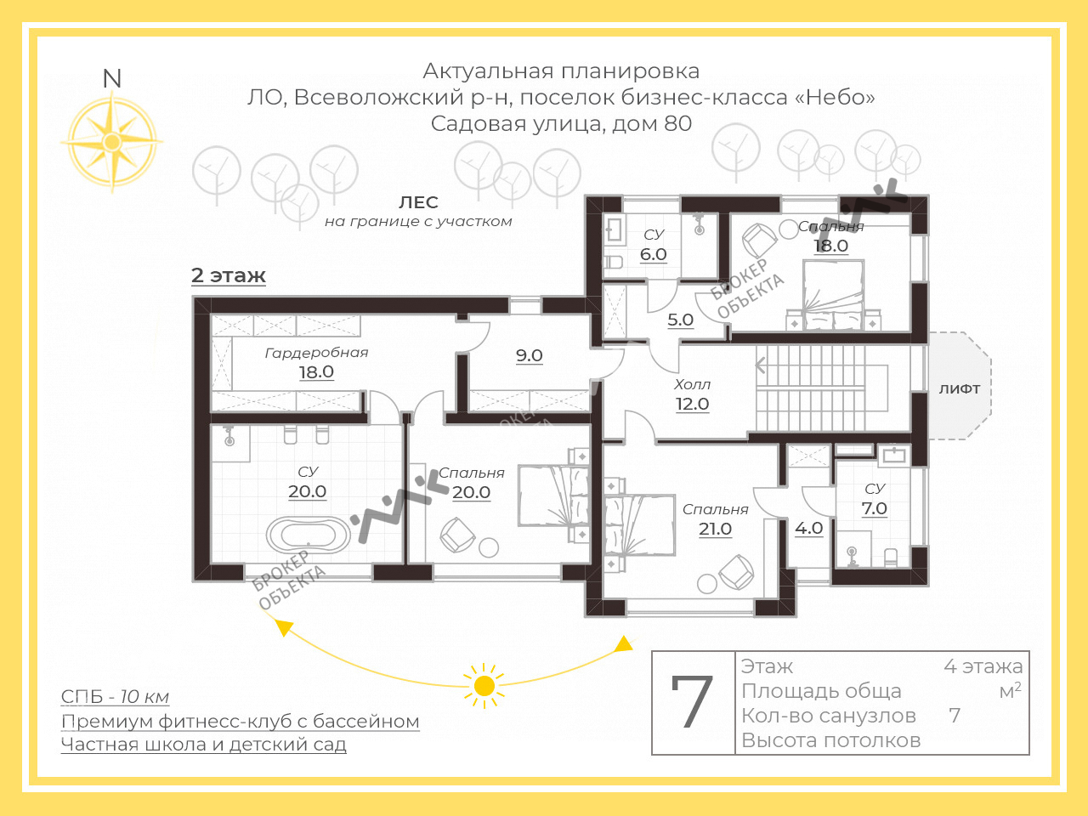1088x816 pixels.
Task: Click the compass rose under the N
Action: (x=111, y=141)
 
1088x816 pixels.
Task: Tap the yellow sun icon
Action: (x=484, y=685)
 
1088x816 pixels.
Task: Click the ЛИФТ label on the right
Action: (x=960, y=388)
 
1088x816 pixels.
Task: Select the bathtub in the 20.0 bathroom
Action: (x=308, y=535)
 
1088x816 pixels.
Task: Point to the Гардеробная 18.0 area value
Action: (x=316, y=372)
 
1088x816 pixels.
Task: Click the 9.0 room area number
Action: (x=529, y=356)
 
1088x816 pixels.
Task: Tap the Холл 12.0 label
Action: (x=692, y=395)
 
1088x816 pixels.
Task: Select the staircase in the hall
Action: (x=812, y=388)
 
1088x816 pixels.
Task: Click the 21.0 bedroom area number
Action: (x=715, y=529)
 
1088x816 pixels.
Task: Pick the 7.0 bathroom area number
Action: (x=874, y=508)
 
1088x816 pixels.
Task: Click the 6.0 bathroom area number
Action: (x=653, y=254)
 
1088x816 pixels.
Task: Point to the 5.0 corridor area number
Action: (x=680, y=320)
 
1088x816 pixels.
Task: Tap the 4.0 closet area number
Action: (x=808, y=528)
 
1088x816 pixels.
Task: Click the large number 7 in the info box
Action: (x=692, y=703)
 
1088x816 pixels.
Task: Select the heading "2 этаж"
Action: (x=229, y=275)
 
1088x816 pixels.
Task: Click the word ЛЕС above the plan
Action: (x=418, y=202)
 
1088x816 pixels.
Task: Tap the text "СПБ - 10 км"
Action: (x=115, y=697)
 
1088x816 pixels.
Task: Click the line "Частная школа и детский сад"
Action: (x=203, y=745)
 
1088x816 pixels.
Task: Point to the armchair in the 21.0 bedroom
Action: (x=736, y=572)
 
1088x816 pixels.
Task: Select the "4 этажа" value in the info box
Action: (x=983, y=666)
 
